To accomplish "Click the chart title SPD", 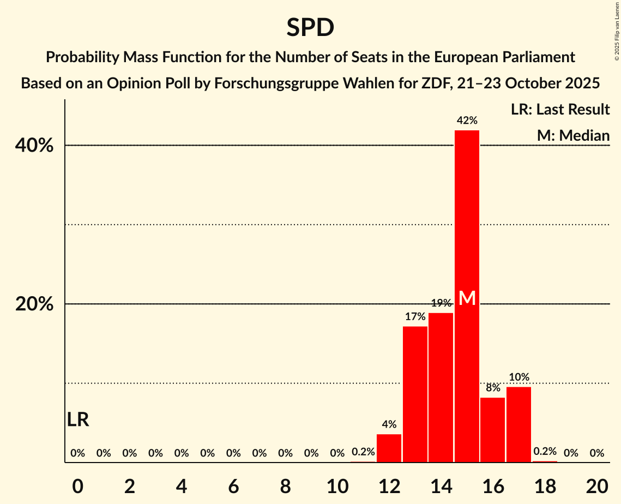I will tap(310, 27).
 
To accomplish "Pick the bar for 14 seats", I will tap(441, 387).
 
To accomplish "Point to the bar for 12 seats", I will tap(389, 448).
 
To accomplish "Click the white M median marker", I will tap(467, 298).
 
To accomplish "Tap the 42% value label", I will tap(467, 121).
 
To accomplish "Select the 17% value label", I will tap(415, 316).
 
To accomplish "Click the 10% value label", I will tap(518, 377).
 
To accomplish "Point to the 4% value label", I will tap(389, 424).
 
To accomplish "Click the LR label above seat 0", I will tap(78, 419).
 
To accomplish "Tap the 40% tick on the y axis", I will tap(34, 146).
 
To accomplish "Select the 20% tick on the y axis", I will tap(34, 304).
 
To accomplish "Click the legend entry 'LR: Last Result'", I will tap(560, 110).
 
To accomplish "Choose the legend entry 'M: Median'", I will tap(573, 135).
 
